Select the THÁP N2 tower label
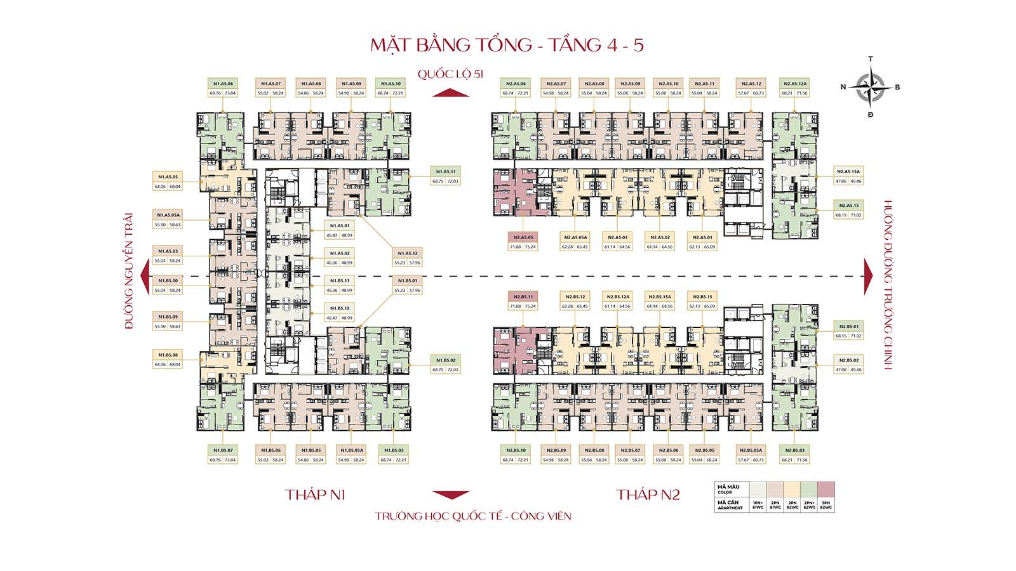click(647, 495)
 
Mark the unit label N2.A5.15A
click(848, 171)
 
